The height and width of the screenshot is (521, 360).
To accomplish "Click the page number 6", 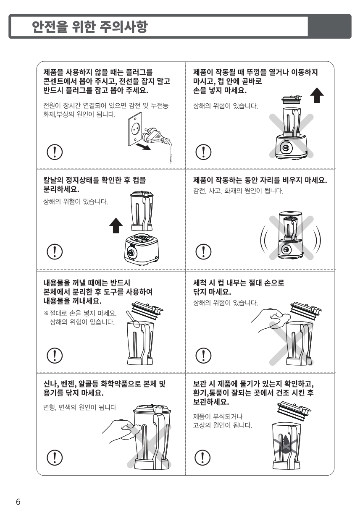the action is click(x=18, y=502).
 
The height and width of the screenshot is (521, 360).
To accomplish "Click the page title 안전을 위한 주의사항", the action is click(x=90, y=26).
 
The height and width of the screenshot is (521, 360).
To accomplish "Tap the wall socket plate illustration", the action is click(x=135, y=129).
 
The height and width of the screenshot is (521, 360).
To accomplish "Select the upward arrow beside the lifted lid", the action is click(x=317, y=95).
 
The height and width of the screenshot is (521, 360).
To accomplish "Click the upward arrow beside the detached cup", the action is click(x=116, y=225).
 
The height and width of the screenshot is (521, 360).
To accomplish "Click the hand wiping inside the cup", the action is click(x=271, y=319).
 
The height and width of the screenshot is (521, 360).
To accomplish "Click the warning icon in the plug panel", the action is click(x=55, y=152).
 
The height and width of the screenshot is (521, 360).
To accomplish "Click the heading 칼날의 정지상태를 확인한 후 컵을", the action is click(x=95, y=180).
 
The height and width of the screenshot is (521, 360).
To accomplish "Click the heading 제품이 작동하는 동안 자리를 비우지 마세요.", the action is click(x=260, y=180).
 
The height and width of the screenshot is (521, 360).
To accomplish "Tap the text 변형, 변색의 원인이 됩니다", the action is click(x=79, y=407).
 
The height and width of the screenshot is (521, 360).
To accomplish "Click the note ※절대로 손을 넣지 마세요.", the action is click(x=80, y=313).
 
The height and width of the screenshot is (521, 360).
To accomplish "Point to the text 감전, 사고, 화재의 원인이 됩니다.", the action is click(x=238, y=191).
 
